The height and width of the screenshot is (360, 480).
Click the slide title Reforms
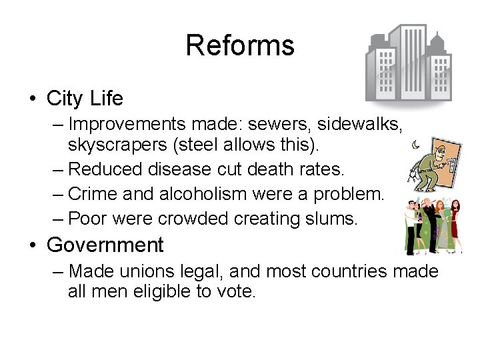239,45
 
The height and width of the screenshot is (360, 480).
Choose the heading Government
105,245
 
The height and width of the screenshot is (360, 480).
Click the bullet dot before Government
32,246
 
